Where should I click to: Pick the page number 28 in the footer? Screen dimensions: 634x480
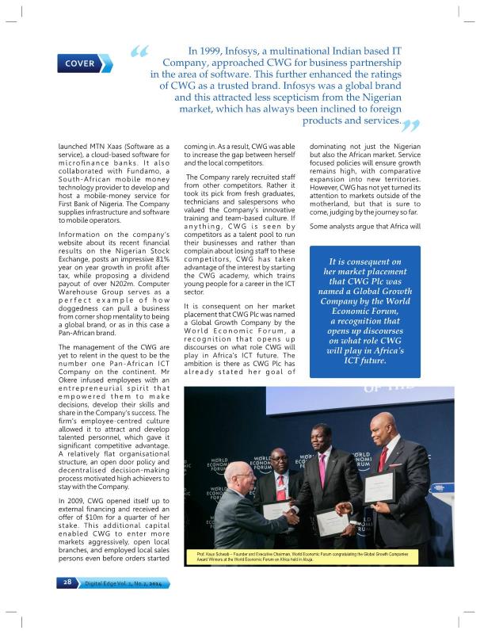(67, 582)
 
